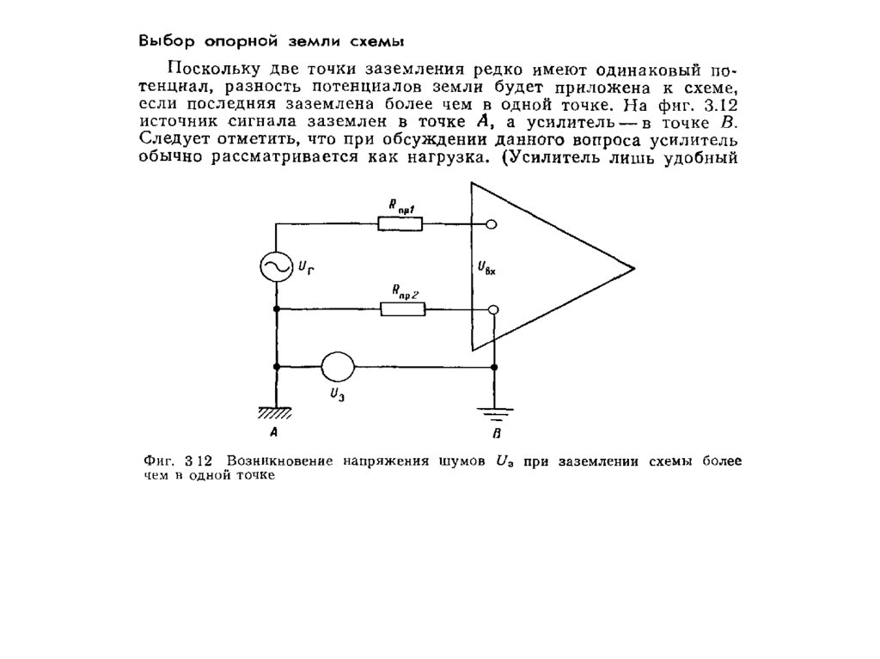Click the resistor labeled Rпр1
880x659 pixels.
coord(400,225)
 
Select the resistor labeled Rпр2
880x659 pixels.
coord(401,309)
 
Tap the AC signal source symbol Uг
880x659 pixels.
coord(277,266)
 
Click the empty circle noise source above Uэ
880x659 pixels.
coord(338,367)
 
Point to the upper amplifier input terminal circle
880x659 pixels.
coord(492,225)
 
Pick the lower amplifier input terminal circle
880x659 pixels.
coord(492,309)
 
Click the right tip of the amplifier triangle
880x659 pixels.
coord(633,268)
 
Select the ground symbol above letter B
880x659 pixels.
coord(494,412)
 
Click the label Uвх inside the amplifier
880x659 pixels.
coord(487,269)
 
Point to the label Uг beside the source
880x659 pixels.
coord(306,269)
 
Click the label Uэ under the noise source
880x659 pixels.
coord(338,395)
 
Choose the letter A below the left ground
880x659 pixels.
coord(273,432)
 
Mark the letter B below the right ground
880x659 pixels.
coord(496,432)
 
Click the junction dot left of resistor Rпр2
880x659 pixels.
coord(277,309)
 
